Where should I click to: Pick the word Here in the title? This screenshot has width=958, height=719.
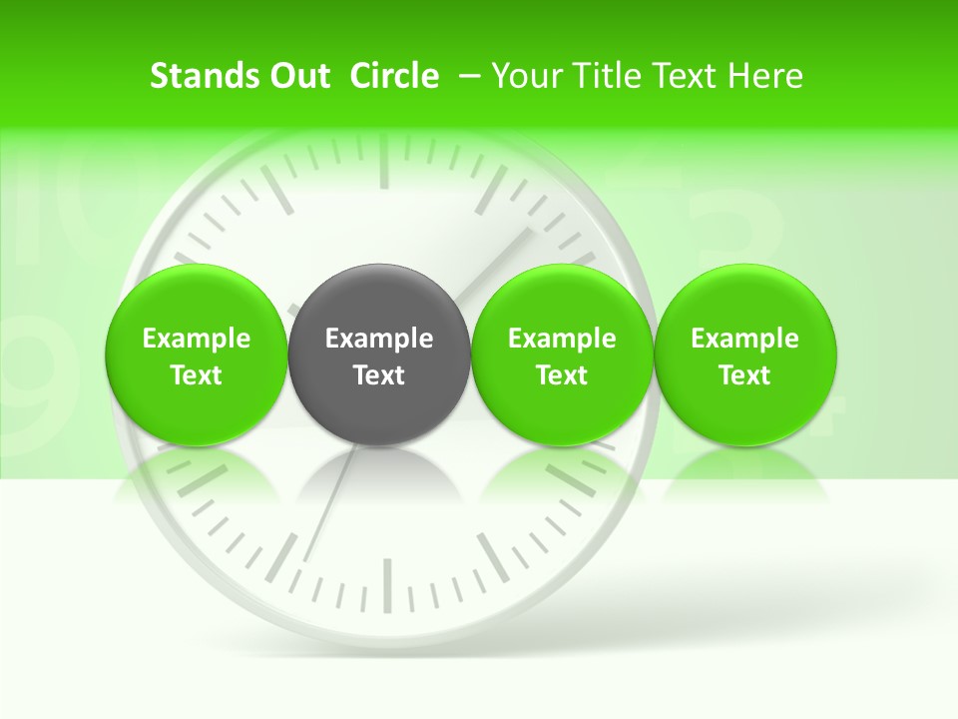(x=765, y=76)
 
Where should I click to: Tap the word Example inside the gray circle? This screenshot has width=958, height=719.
(x=379, y=339)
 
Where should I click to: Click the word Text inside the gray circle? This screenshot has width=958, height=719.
(x=379, y=375)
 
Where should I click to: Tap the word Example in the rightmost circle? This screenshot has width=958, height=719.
(x=745, y=339)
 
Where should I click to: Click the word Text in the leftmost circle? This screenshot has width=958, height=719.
(x=196, y=375)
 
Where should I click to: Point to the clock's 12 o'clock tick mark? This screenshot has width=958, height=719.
(x=383, y=166)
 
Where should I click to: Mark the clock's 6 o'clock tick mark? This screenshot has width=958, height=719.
(x=386, y=584)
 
